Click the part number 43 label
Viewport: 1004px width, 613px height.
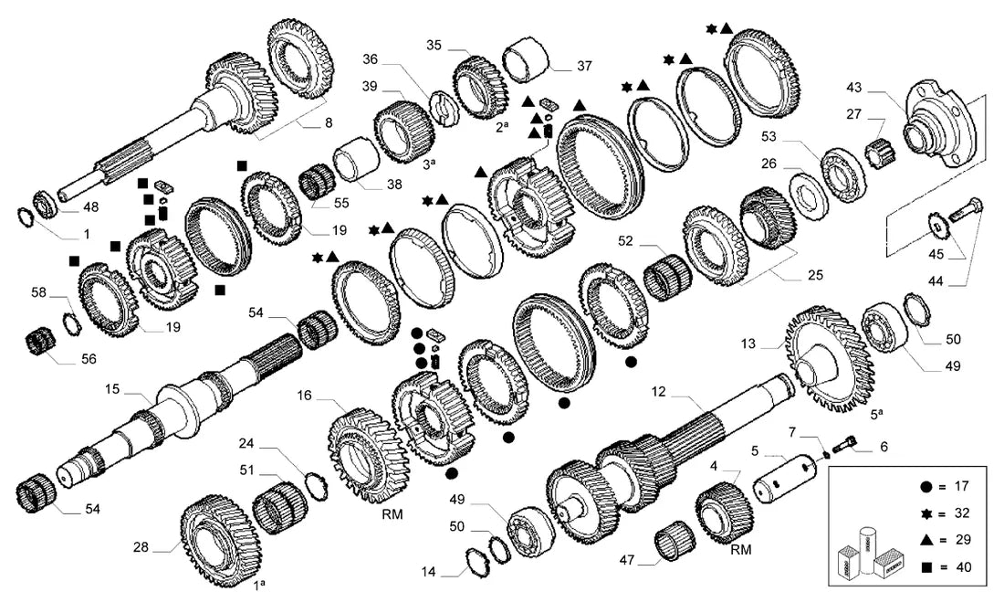(854, 87)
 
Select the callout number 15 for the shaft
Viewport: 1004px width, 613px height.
(112, 388)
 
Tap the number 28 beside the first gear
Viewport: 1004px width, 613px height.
(141, 546)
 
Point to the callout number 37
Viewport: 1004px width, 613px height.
(584, 66)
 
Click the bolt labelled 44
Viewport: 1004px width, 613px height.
(965, 209)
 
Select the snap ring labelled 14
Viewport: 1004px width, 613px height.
(478, 562)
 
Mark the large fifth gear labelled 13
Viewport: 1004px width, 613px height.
(829, 360)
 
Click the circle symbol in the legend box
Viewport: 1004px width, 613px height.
(926, 487)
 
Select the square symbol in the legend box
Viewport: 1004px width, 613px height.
(926, 566)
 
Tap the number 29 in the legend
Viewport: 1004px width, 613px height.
(963, 540)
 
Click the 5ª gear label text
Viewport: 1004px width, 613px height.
(876, 414)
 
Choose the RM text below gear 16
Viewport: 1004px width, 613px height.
(392, 514)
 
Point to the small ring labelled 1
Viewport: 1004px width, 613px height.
(25, 217)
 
